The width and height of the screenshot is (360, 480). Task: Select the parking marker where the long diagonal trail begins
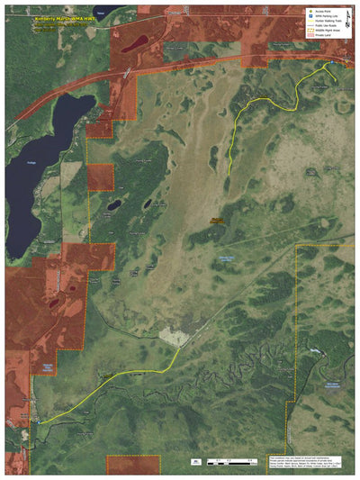[38, 421]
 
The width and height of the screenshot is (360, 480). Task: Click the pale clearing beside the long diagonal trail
[174, 337]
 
